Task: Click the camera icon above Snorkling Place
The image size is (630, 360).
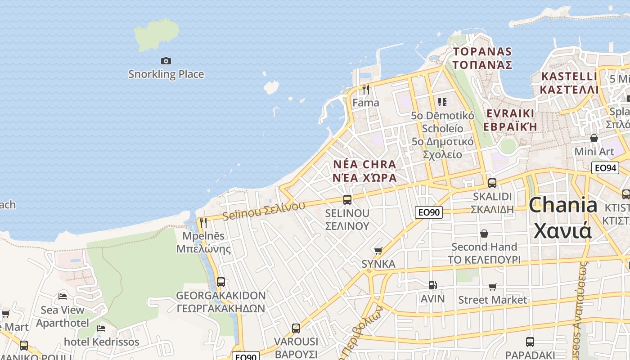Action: pos(166,61)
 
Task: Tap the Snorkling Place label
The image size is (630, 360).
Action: pos(166,74)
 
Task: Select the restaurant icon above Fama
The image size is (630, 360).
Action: pos(366,90)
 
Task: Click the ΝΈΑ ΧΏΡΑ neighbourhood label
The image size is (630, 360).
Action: pos(365,177)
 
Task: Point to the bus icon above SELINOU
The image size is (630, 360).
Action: pos(347,199)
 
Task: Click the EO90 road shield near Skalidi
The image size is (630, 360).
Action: pos(429,212)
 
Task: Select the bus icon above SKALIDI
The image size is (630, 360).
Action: pos(492,183)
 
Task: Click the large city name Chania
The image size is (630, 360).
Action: pos(563,205)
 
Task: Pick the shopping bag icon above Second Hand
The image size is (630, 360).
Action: pos(484,234)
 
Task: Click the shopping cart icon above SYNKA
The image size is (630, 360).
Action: pos(378,251)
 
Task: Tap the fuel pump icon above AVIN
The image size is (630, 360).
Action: pos(432,285)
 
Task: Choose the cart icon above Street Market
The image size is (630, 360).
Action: pos(493,287)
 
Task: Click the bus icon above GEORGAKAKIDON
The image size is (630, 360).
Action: pos(220,282)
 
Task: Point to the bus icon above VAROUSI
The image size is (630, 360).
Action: pos(296,328)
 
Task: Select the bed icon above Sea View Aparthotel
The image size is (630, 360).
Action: pos(63,297)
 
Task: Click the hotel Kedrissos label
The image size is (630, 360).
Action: pos(102,342)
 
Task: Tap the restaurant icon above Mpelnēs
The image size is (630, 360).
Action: pos(203,222)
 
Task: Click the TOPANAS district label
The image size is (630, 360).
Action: pos(482,52)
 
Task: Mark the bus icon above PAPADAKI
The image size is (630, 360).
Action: pos(530,342)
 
